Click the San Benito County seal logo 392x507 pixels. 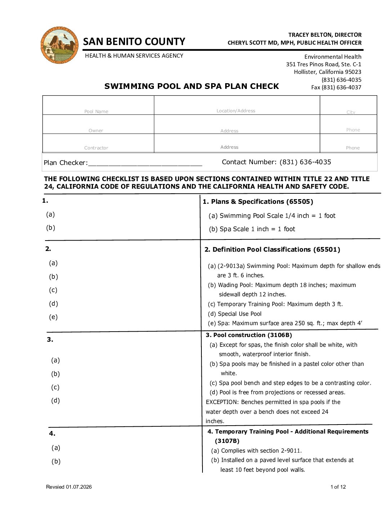tap(60, 45)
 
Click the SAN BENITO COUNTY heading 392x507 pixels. tap(134, 42)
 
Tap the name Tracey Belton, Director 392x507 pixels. tap(325, 35)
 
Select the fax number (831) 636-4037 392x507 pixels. tap(336, 88)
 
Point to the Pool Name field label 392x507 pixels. tap(96, 112)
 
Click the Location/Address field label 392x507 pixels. tap(236, 111)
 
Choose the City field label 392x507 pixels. tap(351, 112)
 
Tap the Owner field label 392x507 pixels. tap(96, 131)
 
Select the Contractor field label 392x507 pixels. tap(96, 148)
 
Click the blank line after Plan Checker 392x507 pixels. tap(145, 163)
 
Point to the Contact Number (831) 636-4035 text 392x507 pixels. tap(276, 162)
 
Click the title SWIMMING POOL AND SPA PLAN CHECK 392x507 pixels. tap(192, 86)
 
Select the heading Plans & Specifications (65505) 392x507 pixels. tap(258, 202)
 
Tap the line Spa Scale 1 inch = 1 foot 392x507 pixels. tap(252, 229)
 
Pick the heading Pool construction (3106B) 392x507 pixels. tap(249, 335)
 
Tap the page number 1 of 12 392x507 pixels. tap(338, 487)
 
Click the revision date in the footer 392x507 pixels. tap(69, 487)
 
